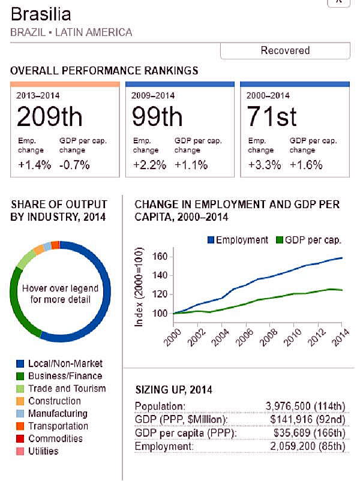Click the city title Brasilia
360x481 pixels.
[41, 14]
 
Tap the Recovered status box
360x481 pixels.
[285, 50]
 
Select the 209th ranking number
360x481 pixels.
[49, 116]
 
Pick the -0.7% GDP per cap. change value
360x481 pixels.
[74, 165]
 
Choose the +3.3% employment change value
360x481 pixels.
[264, 165]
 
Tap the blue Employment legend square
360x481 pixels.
[211, 240]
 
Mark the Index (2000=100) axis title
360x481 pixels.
[140, 285]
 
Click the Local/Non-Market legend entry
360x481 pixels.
[65, 363]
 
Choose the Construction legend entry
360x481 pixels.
[55, 401]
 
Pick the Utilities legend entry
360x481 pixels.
[43, 450]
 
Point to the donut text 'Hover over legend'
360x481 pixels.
[60, 288]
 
